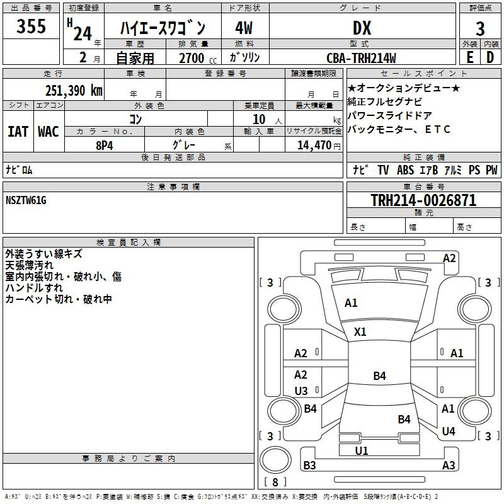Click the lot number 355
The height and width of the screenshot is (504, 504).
click(x=31, y=26)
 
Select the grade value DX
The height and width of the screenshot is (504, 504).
click(x=362, y=28)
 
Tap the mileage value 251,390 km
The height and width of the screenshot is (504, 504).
click(x=74, y=91)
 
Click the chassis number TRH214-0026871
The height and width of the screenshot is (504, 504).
click(x=423, y=200)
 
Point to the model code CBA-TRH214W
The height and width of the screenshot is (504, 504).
click(x=361, y=58)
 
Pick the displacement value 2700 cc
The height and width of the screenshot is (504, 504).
click(x=198, y=58)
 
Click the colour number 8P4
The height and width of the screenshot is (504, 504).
click(x=105, y=146)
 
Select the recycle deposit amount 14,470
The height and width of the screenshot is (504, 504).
click(x=314, y=146)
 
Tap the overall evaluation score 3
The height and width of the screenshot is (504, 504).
click(x=480, y=29)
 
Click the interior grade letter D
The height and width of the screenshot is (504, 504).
click(x=490, y=57)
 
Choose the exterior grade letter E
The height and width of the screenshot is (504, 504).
click(x=469, y=57)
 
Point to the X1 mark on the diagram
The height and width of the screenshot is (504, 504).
click(x=360, y=331)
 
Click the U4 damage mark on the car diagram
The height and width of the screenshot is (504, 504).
click(x=449, y=431)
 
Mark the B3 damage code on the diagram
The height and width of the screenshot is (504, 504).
click(x=309, y=465)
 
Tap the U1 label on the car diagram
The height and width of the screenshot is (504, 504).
click(x=361, y=450)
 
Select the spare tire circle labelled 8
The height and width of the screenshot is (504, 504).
click(x=275, y=460)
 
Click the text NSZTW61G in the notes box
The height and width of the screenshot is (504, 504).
click(x=26, y=200)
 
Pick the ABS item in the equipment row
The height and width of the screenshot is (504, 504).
click(x=405, y=169)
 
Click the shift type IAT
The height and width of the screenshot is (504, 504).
click(x=18, y=132)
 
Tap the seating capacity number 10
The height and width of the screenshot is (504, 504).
click(x=259, y=119)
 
